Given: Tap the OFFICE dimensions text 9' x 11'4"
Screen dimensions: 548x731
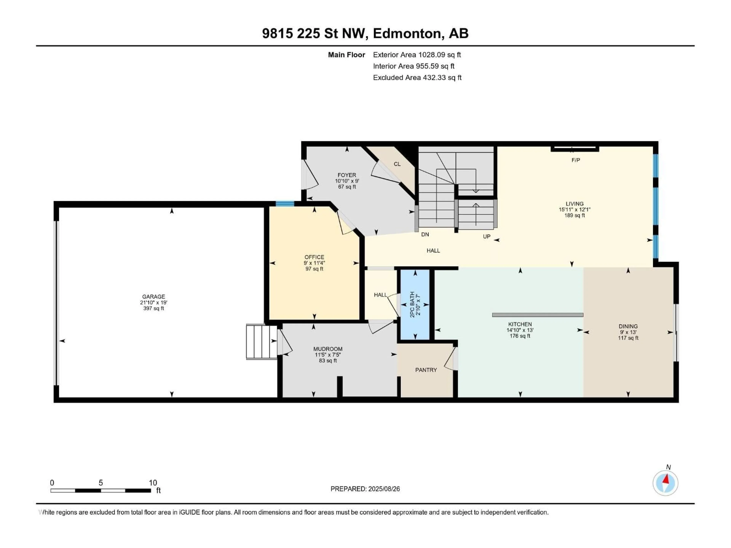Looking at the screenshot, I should coord(314,263).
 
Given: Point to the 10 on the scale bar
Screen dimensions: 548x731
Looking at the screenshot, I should coord(153,483).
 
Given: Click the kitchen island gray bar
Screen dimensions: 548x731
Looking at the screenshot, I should coord(537,315).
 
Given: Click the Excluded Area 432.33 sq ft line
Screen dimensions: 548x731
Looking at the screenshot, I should coord(417,78).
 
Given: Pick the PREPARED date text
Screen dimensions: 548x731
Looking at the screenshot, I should coord(365,489).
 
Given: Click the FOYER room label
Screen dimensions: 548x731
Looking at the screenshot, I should coord(347,175).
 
